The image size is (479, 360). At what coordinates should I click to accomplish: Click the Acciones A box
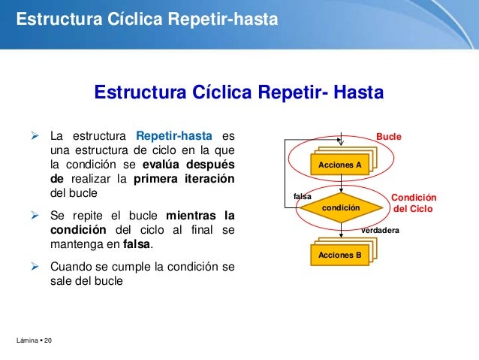(340, 165)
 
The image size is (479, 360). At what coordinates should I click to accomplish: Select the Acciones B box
(340, 255)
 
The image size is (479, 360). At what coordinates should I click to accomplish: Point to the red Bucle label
(389, 137)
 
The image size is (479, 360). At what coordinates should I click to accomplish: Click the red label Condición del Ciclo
(414, 203)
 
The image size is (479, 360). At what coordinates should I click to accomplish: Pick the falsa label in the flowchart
(303, 196)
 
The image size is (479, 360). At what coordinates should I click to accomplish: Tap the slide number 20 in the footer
(48, 343)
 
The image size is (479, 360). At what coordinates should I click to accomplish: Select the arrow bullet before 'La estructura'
(34, 137)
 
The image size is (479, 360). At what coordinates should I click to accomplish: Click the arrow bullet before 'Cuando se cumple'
(34, 266)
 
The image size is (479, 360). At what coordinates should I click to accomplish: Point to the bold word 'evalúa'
(164, 164)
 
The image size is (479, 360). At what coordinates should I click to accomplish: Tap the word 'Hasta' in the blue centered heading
(358, 92)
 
